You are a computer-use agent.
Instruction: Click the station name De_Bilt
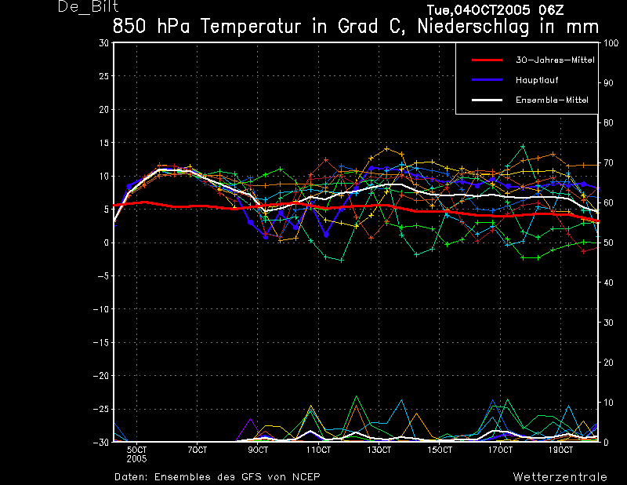(x=89, y=6)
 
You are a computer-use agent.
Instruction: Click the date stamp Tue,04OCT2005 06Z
(x=495, y=9)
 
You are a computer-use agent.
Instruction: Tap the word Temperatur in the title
(x=250, y=27)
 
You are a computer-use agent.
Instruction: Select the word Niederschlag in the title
(x=473, y=27)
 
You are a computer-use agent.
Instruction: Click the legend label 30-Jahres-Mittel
(x=555, y=60)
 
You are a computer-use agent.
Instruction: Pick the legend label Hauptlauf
(x=537, y=80)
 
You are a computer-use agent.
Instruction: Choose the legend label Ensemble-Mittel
(x=552, y=100)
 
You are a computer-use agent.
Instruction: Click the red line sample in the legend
(x=487, y=60)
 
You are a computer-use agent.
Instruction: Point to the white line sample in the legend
(x=487, y=100)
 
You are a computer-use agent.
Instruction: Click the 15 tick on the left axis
(x=103, y=143)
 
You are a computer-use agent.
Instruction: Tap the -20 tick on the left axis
(x=101, y=376)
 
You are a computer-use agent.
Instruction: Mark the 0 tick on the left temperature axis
(x=106, y=242)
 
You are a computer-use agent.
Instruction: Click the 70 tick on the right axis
(x=608, y=163)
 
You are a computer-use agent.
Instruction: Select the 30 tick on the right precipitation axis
(x=608, y=323)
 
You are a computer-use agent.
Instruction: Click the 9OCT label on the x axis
(x=258, y=450)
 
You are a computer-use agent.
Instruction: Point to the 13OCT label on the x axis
(x=379, y=450)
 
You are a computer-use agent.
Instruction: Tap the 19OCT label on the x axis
(x=560, y=450)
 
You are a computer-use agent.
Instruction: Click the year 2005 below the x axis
(x=136, y=459)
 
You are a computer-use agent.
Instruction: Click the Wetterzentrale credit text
(x=560, y=477)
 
